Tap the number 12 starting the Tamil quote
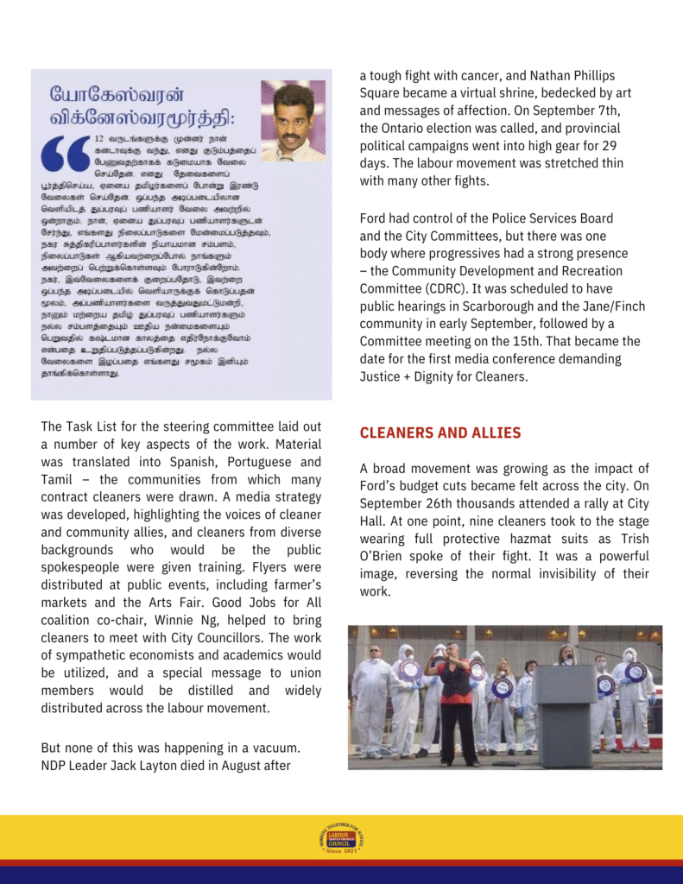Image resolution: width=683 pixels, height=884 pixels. [x=99, y=138]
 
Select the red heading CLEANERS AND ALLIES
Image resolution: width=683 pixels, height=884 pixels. [x=440, y=433]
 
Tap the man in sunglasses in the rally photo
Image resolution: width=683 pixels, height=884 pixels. [x=373, y=691]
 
